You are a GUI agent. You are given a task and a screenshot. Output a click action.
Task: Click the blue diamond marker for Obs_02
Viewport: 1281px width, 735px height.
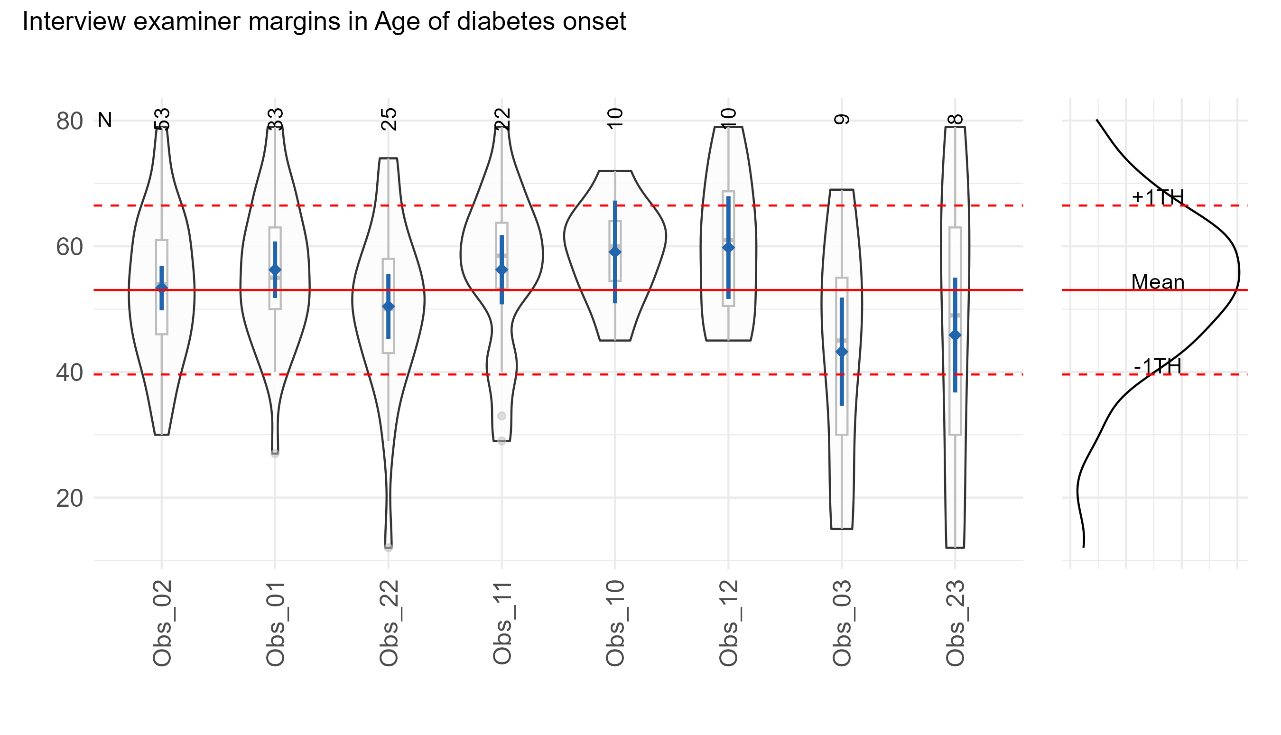(161, 288)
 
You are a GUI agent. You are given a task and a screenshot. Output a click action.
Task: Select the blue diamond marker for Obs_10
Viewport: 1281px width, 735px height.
(615, 252)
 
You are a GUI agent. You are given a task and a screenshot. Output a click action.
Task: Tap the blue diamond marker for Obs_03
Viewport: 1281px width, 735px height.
(842, 352)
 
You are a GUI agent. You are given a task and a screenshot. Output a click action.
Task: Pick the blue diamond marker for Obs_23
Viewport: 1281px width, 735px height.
(956, 335)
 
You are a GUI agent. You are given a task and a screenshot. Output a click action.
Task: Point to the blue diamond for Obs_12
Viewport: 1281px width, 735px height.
(728, 247)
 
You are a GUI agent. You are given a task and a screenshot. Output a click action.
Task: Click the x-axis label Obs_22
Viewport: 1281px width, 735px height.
(389, 623)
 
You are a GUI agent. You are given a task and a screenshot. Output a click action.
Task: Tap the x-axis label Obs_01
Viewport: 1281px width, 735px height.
(276, 623)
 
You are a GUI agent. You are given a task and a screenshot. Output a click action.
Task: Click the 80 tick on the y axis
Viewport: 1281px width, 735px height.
(70, 121)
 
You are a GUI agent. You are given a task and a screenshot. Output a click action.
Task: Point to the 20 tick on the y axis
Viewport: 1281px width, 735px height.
(70, 498)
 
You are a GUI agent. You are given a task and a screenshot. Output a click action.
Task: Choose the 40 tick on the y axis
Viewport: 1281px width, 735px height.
(70, 373)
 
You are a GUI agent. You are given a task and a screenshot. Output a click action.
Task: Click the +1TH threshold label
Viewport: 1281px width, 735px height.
(1158, 197)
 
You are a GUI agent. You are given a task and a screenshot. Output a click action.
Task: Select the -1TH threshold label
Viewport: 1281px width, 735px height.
(1158, 366)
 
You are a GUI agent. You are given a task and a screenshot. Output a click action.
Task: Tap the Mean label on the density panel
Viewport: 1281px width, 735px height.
(1158, 282)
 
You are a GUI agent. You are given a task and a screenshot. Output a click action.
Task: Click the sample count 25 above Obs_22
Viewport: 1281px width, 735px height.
(389, 120)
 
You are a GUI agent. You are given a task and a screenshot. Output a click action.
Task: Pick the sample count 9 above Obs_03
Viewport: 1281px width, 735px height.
(842, 120)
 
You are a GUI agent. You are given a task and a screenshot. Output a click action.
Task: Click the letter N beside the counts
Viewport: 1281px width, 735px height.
(104, 120)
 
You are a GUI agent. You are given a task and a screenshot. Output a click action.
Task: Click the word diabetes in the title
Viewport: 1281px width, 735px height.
(511, 22)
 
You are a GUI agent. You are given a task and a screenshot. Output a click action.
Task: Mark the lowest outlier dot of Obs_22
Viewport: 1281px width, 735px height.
(388, 547)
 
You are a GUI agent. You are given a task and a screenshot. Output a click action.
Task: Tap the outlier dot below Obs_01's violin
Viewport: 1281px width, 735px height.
(275, 454)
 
